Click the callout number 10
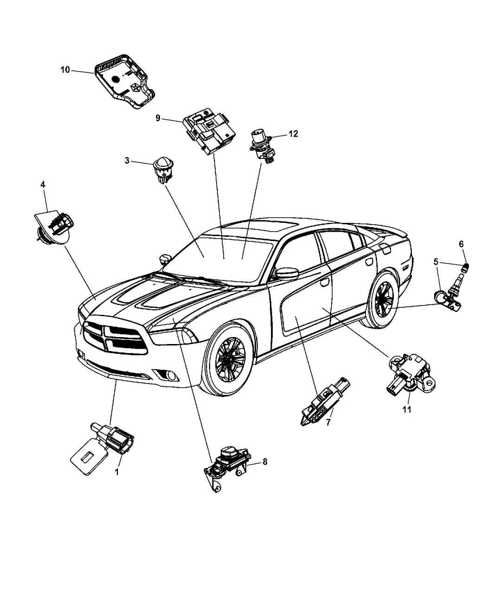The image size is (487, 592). click(65, 70)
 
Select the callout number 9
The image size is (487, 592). click(158, 118)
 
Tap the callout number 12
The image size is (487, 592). click(293, 134)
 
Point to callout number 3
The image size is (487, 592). click(127, 161)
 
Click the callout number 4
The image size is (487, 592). click(43, 185)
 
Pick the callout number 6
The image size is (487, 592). click(461, 244)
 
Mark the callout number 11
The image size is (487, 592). click(407, 410)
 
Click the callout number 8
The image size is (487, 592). click(265, 462)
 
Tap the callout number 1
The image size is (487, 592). click(116, 472)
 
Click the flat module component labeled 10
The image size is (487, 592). click(125, 81)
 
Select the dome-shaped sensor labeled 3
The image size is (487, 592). click(163, 169)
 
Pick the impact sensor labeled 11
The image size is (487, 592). click(411, 373)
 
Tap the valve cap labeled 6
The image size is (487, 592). click(466, 267)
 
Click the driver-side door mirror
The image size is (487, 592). click(287, 273)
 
